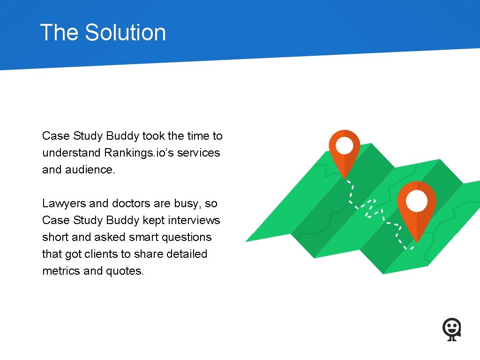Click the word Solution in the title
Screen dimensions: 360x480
tap(125, 33)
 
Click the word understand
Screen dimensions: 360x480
tap(71, 153)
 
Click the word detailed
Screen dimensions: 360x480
tap(186, 254)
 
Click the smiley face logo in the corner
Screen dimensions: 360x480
tap(452, 329)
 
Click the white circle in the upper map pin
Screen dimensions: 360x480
tap(345, 145)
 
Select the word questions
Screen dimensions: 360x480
tap(187, 237)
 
